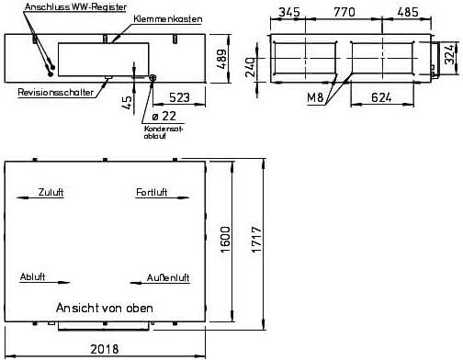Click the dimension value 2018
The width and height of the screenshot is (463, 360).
coord(105,349)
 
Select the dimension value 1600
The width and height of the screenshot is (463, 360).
coord(225,240)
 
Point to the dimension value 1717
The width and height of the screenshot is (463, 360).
coord(256,240)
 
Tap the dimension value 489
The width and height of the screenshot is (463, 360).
coord(222,59)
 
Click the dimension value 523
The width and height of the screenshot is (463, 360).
coord(179,97)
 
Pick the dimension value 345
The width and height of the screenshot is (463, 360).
coord(289,12)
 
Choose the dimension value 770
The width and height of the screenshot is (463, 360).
coord(344,12)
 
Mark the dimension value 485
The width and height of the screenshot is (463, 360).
coord(408,12)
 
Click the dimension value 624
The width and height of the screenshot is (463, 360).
coord(381,97)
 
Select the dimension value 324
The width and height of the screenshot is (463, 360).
coord(449,54)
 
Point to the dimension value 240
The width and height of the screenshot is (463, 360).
coord(250,67)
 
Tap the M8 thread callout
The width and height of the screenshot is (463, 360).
coord(315,97)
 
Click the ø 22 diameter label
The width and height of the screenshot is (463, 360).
coord(164,116)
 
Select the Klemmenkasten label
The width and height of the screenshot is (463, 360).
coord(168,19)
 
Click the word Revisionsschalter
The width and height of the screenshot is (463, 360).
coord(55,92)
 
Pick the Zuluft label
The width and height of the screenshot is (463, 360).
coord(51,192)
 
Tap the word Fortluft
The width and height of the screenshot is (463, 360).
coord(152,192)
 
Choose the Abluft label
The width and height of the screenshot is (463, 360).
coord(32,277)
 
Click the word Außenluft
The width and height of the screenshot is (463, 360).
coord(168,277)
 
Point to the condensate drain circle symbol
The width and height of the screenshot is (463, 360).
coord(152,78)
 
